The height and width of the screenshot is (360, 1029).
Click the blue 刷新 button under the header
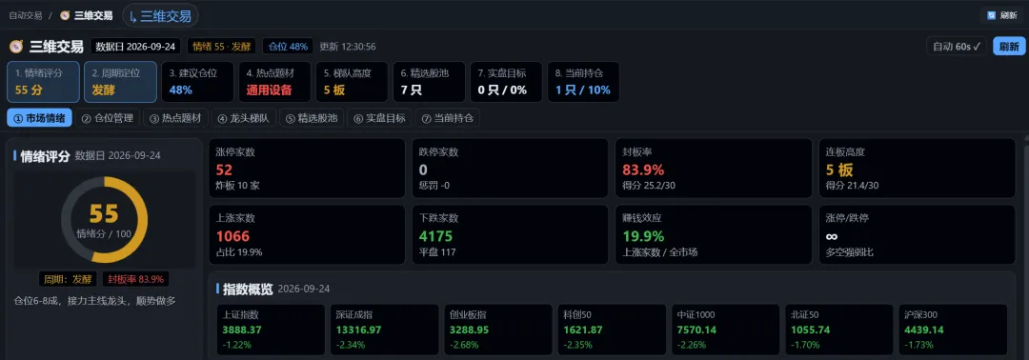click(x=1009, y=47)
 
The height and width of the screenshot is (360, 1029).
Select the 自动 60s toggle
click(x=957, y=47)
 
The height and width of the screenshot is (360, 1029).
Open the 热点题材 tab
click(x=177, y=118)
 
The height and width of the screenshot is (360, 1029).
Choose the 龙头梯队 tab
click(x=245, y=118)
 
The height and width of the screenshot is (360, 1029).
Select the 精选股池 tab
click(x=313, y=118)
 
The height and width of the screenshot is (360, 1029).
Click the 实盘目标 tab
click(x=380, y=118)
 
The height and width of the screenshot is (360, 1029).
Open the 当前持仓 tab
click(x=449, y=118)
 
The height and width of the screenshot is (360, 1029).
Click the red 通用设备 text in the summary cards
click(x=269, y=90)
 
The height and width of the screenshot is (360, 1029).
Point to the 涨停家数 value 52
click(x=225, y=170)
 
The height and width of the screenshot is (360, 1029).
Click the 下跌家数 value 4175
click(x=435, y=236)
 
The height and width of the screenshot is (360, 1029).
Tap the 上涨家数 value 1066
click(x=232, y=236)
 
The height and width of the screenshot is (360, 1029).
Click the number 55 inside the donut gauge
click(x=104, y=213)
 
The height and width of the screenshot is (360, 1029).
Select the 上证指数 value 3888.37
click(x=242, y=330)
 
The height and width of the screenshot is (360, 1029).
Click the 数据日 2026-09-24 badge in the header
click(x=136, y=47)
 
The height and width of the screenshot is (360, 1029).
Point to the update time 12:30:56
click(x=357, y=47)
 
